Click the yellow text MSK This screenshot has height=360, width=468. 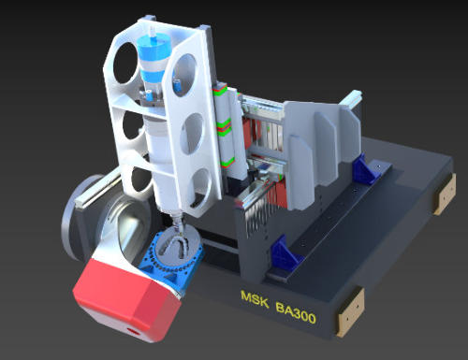(x=255, y=299)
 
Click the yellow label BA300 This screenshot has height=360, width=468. (x=296, y=313)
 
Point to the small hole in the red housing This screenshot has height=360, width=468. (x=133, y=331)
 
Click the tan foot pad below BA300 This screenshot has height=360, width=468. (x=350, y=312)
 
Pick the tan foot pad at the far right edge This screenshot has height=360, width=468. (x=445, y=194)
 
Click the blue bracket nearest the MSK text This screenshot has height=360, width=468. (x=283, y=252)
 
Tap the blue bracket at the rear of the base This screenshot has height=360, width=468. (x=366, y=170)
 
